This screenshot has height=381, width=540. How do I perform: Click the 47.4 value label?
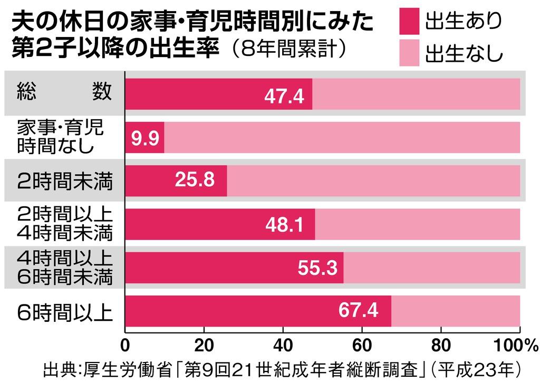pyautogui.click(x=285, y=97)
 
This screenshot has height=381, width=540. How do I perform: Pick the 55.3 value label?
pyautogui.click(x=317, y=268)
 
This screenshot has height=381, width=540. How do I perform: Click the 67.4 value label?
pyautogui.click(x=359, y=310)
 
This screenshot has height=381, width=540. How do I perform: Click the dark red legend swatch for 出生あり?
pyautogui.click(x=406, y=23)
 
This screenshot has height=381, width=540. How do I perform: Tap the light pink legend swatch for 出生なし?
pyautogui.click(x=406, y=53)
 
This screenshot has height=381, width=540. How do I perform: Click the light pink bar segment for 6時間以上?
pyautogui.click(x=456, y=311)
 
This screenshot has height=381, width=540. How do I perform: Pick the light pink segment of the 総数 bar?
pyautogui.click(x=416, y=94)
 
